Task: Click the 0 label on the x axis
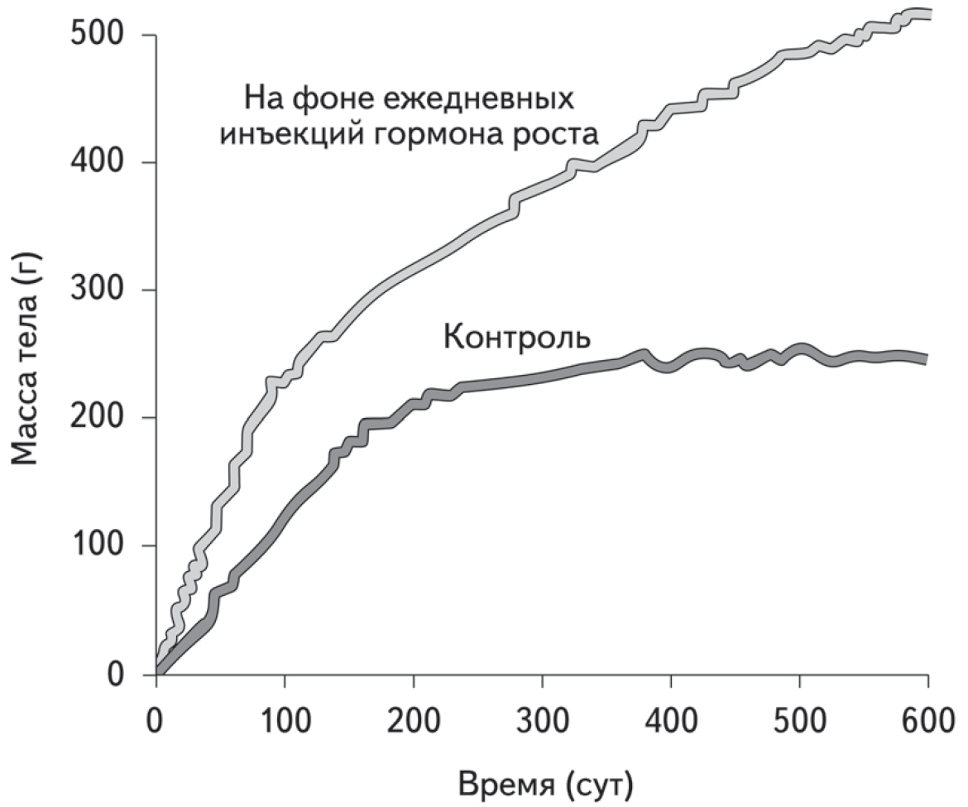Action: (x=156, y=717)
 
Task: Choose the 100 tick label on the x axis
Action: (x=284, y=717)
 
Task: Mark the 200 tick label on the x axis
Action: (x=413, y=717)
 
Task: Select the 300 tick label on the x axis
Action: (x=542, y=717)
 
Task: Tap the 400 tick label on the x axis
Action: (x=670, y=717)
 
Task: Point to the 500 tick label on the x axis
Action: (x=799, y=717)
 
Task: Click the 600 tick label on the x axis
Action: (x=927, y=717)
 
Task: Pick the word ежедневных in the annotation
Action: (x=480, y=98)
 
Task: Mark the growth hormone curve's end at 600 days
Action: (x=927, y=14)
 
